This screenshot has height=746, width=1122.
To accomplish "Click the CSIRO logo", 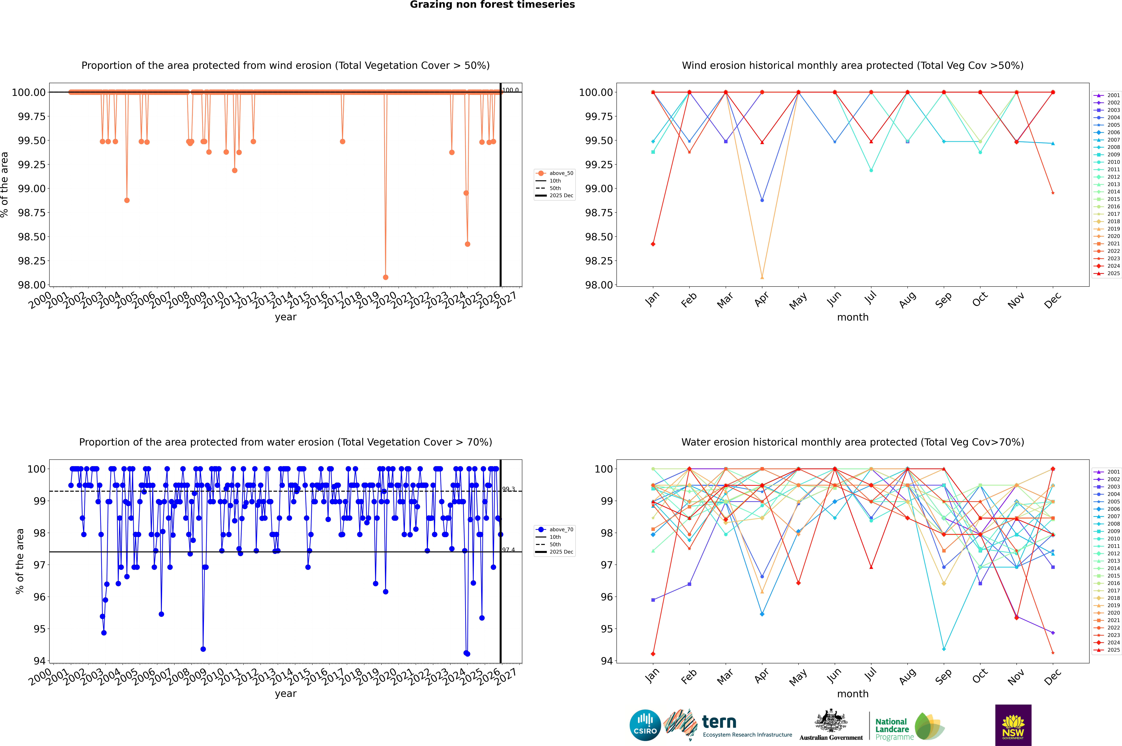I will coord(645,725).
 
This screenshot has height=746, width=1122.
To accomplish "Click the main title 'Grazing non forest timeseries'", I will coord(492,5).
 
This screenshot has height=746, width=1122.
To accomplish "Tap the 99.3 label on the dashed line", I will coord(508,489).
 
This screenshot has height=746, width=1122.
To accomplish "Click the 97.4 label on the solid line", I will coord(508,550).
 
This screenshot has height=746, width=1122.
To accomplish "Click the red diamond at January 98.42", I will coord(653,244).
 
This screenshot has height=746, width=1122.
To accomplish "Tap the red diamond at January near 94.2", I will coord(653,654).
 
